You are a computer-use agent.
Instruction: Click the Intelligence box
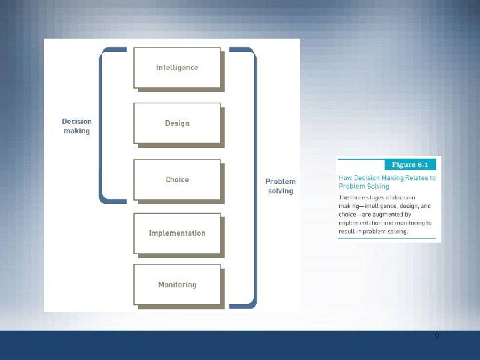177,67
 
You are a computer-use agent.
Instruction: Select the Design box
177,123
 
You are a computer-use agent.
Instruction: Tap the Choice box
177,179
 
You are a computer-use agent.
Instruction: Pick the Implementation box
177,233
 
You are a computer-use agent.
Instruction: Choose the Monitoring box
177,285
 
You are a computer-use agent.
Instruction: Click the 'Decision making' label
77,126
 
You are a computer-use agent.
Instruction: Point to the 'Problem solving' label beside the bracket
280,186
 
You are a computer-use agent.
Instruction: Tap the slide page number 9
437,337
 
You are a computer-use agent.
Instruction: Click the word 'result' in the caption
348,231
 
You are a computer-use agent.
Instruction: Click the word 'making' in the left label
77,131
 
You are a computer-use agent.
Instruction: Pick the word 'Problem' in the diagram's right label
280,181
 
